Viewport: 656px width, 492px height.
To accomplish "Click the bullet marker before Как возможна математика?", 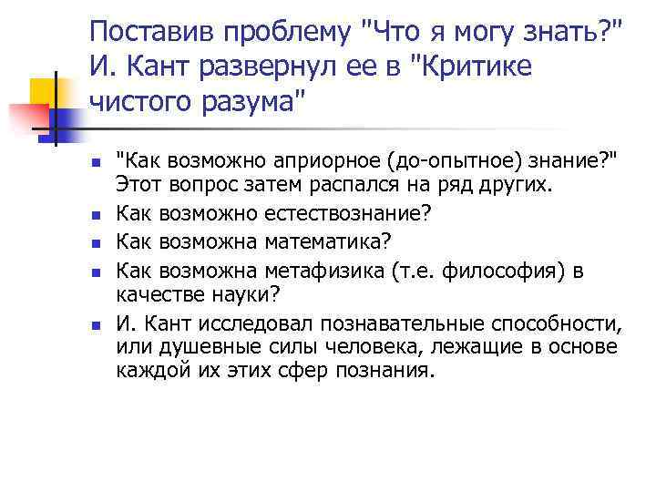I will click(x=94, y=243).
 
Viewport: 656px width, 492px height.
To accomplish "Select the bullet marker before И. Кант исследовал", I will click(x=94, y=325).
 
